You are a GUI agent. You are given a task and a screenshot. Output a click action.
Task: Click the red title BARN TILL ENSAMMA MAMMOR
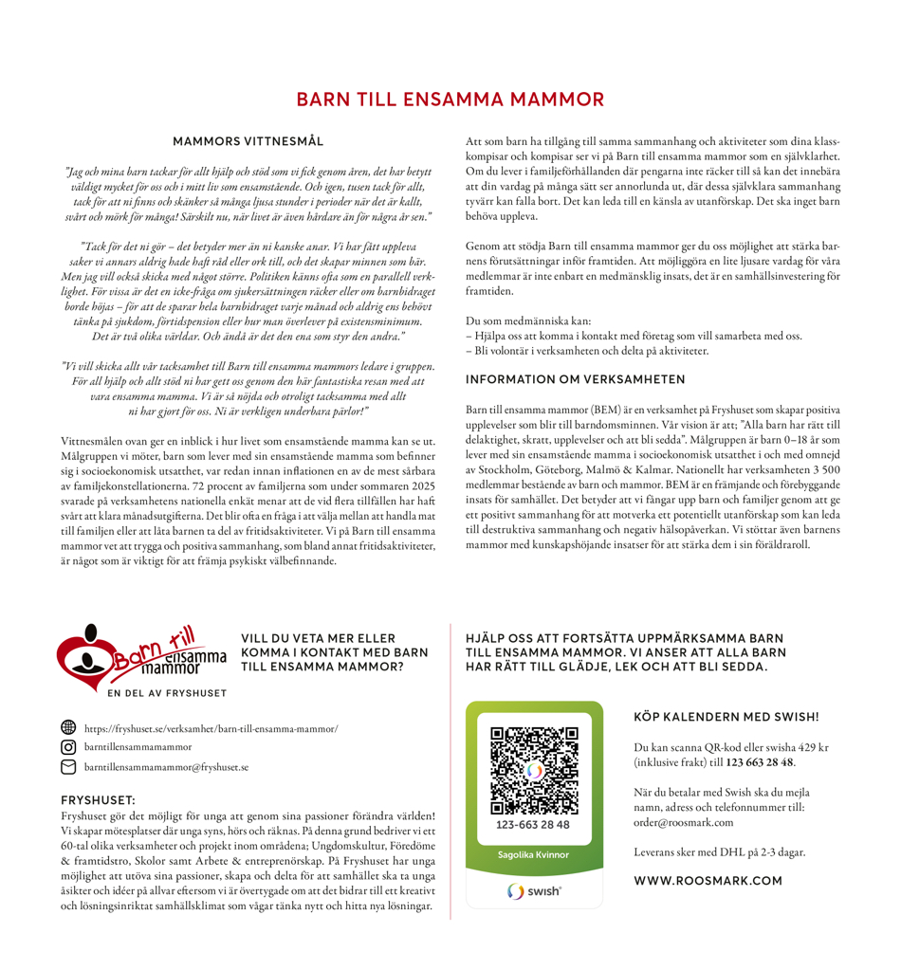pyautogui.click(x=450, y=100)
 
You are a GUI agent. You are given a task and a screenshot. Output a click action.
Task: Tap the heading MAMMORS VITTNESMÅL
pyautogui.click(x=248, y=141)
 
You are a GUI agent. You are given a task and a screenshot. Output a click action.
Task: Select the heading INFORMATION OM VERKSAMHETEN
pyautogui.click(x=575, y=379)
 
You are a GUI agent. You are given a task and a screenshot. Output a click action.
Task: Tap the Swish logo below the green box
pyautogui.click(x=534, y=891)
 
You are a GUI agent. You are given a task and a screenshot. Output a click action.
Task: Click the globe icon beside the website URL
pyautogui.click(x=67, y=728)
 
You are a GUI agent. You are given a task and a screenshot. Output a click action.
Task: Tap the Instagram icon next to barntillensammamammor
pyautogui.click(x=67, y=747)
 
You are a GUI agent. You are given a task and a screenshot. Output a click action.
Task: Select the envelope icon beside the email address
pyautogui.click(x=67, y=766)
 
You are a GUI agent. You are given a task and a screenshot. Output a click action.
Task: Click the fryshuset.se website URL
pyautogui.click(x=211, y=729)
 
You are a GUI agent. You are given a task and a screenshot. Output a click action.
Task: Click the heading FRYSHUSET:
pyautogui.click(x=98, y=800)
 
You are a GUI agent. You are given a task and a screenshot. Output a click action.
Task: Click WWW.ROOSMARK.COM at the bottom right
pyautogui.click(x=708, y=881)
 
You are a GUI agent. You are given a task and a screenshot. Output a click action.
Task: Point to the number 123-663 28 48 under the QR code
pyautogui.click(x=533, y=825)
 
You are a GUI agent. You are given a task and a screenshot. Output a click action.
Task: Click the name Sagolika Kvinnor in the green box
pyautogui.click(x=534, y=854)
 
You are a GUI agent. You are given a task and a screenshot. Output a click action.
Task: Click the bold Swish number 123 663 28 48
pyautogui.click(x=760, y=762)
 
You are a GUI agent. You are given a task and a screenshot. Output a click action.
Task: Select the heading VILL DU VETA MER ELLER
pyautogui.click(x=318, y=638)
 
